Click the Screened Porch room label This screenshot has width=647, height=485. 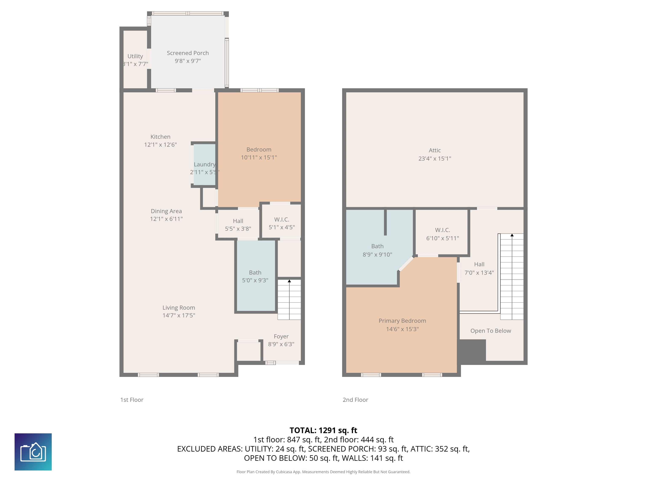[x=188, y=53]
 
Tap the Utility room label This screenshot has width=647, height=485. [x=135, y=56]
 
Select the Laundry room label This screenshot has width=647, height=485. [x=205, y=164]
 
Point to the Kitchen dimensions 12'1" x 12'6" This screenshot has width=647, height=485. [x=160, y=144]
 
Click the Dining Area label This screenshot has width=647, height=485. [x=166, y=211]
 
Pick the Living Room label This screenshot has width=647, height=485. [x=179, y=308]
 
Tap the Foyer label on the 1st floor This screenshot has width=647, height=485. [x=281, y=336]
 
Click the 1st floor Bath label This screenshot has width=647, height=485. [x=255, y=272]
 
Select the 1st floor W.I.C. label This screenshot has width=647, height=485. [x=282, y=219]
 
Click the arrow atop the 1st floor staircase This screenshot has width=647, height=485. [x=289, y=281]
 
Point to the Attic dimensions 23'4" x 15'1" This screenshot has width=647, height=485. [x=435, y=159]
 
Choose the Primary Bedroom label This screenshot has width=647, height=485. [x=402, y=321]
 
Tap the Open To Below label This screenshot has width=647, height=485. [x=491, y=331]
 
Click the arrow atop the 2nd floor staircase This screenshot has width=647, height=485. [x=512, y=235]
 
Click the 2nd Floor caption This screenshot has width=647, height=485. [x=355, y=400]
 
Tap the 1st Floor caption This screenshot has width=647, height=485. [x=132, y=400]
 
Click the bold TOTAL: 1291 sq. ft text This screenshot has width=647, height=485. [x=323, y=430]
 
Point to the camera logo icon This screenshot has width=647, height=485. [x=33, y=452]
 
